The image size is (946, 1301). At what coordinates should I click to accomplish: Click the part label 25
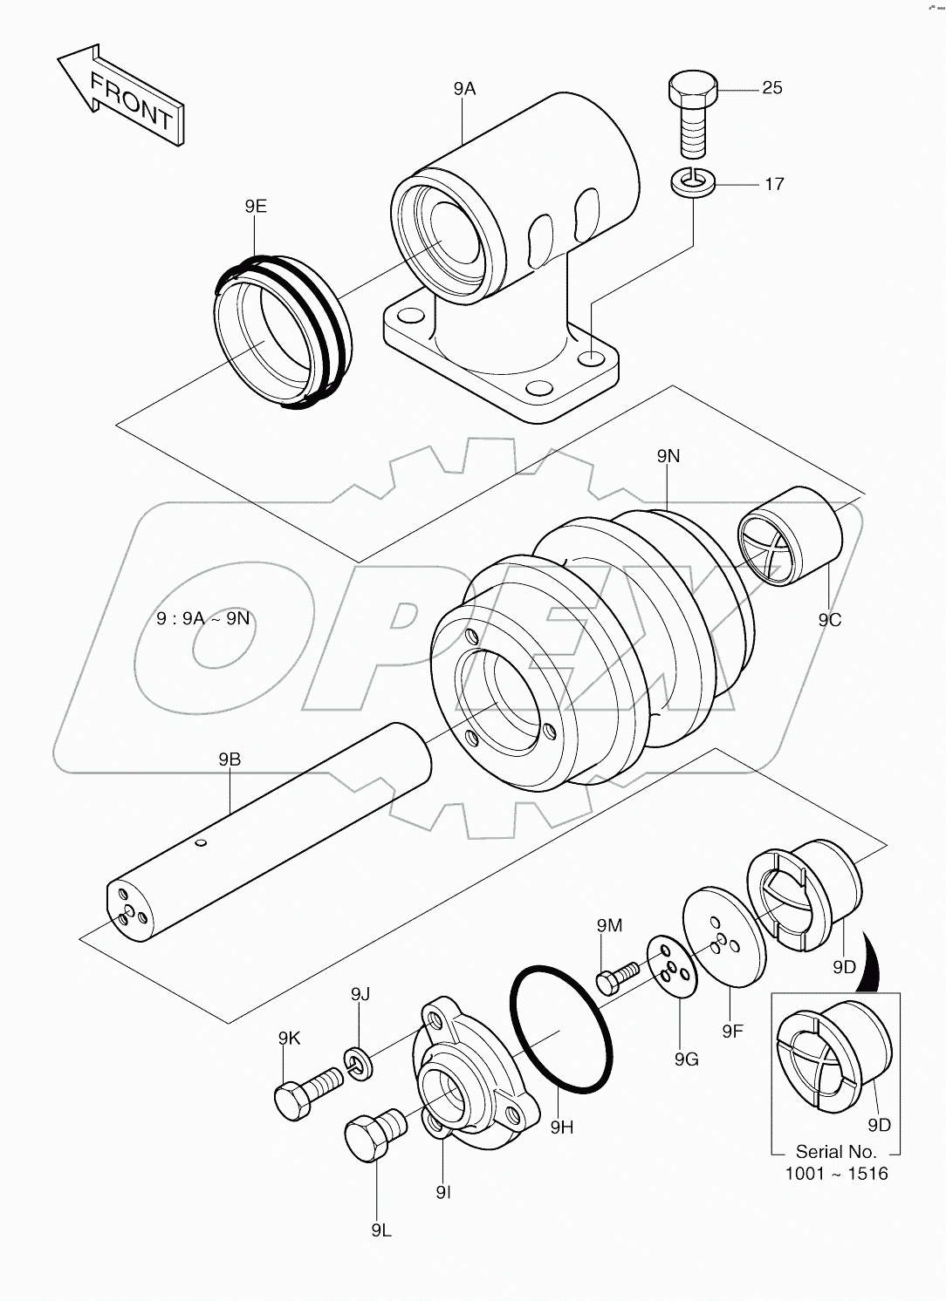pyautogui.click(x=771, y=87)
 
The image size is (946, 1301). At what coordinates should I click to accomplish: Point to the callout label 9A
pyautogui.click(x=464, y=88)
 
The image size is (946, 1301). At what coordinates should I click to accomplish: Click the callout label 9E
pyautogui.click(x=256, y=207)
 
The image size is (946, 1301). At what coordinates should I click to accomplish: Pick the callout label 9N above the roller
pyautogui.click(x=668, y=456)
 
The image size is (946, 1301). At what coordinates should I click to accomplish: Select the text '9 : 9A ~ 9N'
pyautogui.click(x=202, y=618)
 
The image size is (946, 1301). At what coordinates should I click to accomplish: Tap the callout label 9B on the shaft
pyautogui.click(x=230, y=759)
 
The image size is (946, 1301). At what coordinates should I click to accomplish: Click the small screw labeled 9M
pyautogui.click(x=617, y=975)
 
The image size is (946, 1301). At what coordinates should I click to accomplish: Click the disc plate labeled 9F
pyautogui.click(x=723, y=938)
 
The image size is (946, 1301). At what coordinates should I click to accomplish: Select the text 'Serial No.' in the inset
pyautogui.click(x=835, y=1152)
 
